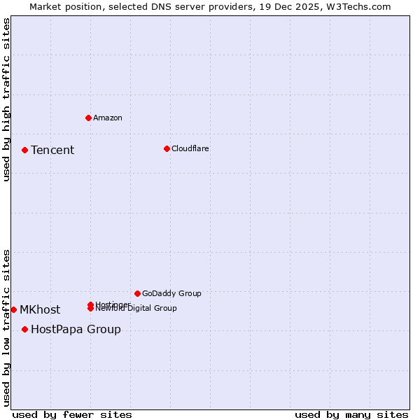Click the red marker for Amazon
coord(88,118)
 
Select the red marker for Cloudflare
coord(167,148)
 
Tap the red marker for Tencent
coord(24,150)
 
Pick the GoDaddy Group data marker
coord(137,293)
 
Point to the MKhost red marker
coord(13,309)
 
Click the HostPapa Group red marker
coord(24,329)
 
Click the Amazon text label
coord(108,118)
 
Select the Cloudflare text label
coord(190,148)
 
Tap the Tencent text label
coord(52,150)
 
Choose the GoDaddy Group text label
coord(171,293)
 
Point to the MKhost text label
coord(40,309)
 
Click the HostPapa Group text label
coord(76,329)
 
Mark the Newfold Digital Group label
coord(137,309)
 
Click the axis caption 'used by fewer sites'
coord(72,414)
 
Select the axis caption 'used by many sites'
coord(351,414)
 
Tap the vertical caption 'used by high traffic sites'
coord(7,99)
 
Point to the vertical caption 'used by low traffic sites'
coord(7,327)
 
